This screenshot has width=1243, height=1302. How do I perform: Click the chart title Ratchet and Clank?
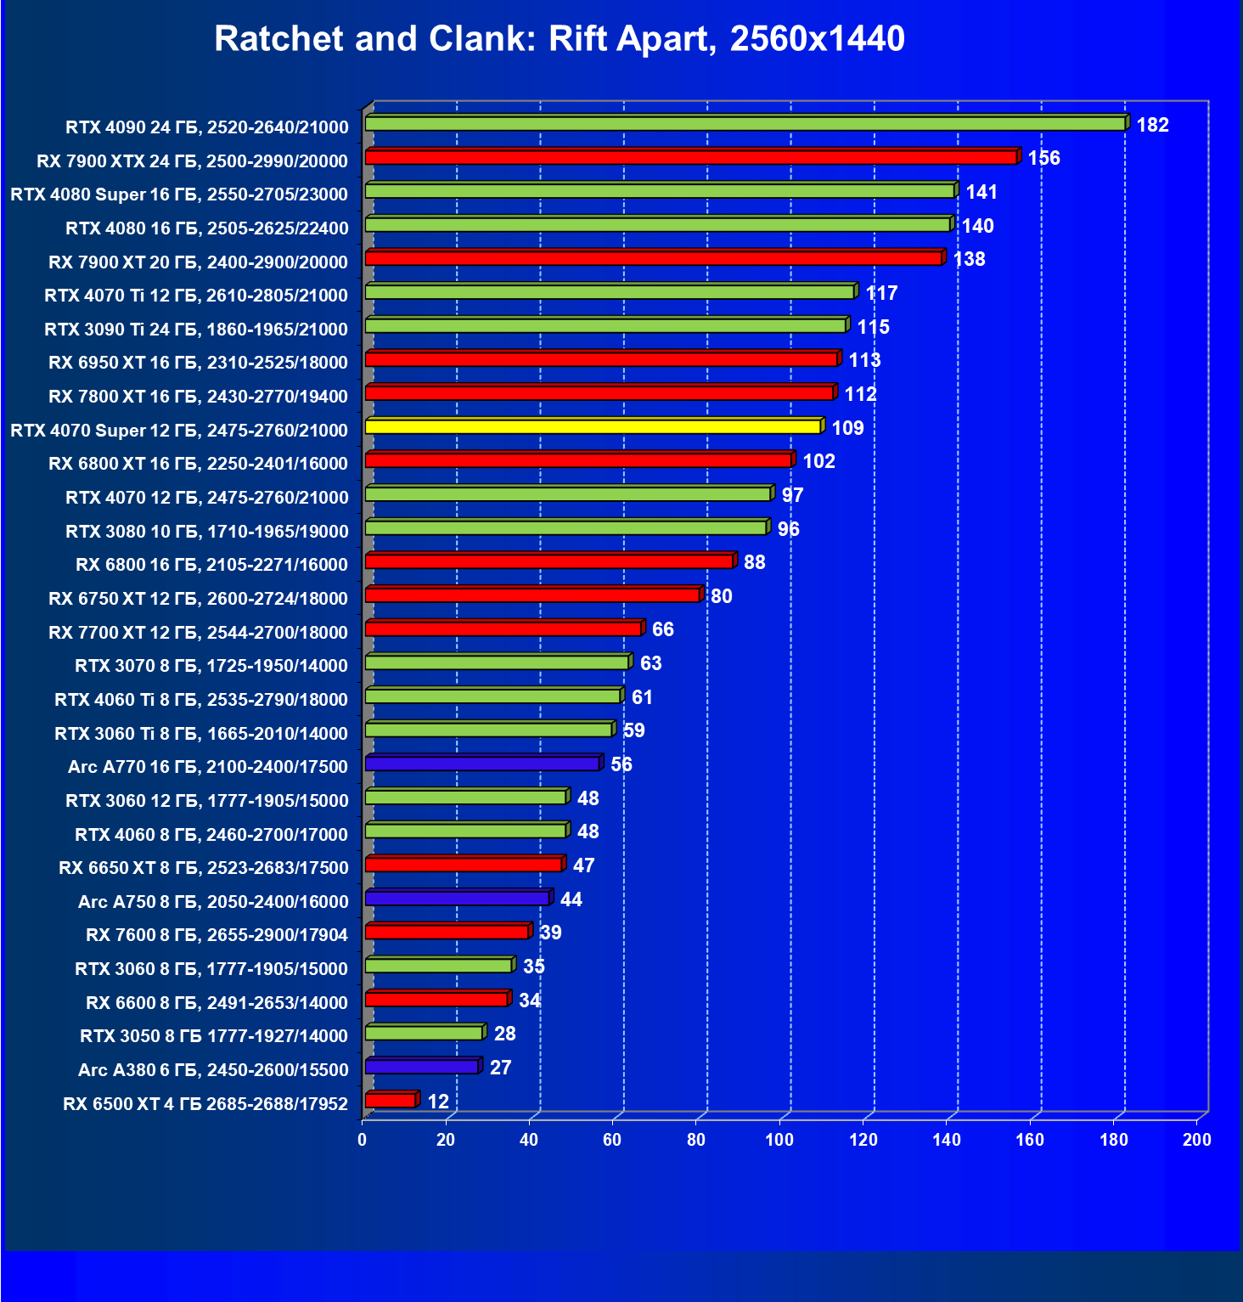[x=560, y=39]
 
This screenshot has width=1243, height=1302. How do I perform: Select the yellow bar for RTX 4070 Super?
[x=593, y=426]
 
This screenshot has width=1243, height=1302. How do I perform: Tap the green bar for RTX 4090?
[x=745, y=124]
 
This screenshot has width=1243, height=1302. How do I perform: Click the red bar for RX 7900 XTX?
[x=690, y=157]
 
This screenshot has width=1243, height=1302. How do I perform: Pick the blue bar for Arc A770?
[x=482, y=764]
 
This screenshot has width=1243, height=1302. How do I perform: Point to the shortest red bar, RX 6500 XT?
[x=391, y=1101]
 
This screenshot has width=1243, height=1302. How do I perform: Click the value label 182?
[x=1152, y=125]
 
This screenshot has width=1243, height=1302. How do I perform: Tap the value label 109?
[x=847, y=428]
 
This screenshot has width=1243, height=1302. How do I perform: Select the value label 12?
[x=438, y=1102]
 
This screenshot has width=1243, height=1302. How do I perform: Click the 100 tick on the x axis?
[x=779, y=1140]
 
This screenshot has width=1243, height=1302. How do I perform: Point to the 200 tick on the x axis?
[x=1197, y=1140]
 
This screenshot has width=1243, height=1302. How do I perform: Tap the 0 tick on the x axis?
[x=363, y=1140]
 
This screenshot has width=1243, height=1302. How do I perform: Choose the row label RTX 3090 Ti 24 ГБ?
[x=196, y=330]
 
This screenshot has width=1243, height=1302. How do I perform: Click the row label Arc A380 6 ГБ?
[x=213, y=1070]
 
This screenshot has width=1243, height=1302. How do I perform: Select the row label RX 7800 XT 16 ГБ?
[x=198, y=397]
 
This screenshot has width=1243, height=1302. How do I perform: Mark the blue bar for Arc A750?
[x=457, y=899]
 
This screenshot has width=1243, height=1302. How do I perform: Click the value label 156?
[x=1043, y=159]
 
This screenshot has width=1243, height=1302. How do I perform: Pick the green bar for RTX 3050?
[x=424, y=1033]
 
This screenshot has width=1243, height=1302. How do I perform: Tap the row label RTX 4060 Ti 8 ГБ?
[x=201, y=700]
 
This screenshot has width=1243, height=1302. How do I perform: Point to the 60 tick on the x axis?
[x=612, y=1140]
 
